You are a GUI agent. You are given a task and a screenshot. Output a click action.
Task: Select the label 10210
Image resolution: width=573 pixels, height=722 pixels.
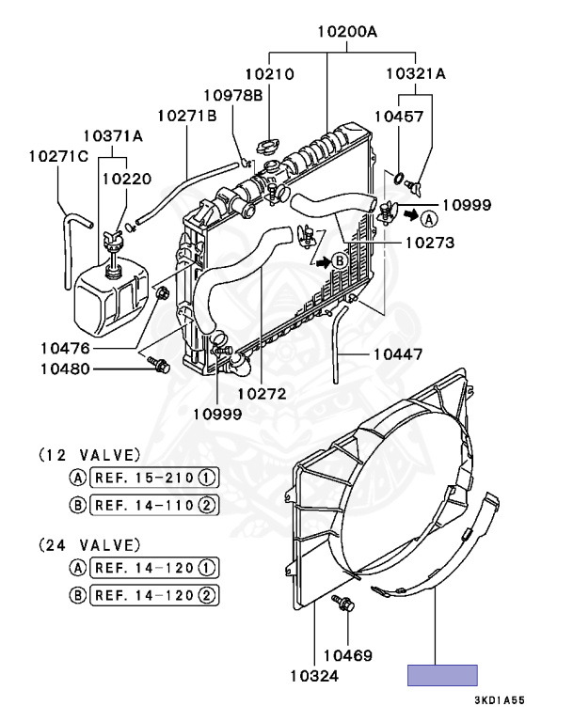click(x=270, y=73)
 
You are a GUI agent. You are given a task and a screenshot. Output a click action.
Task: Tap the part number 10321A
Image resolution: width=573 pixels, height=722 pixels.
click(x=416, y=73)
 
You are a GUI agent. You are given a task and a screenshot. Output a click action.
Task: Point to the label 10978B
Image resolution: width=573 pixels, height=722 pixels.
click(x=232, y=94)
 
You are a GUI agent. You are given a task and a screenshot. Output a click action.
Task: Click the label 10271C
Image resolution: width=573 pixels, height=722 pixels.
click(x=58, y=156)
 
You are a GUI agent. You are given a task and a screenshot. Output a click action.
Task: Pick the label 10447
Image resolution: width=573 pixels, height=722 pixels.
click(x=398, y=354)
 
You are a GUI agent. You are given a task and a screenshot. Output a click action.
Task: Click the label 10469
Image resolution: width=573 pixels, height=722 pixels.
click(x=348, y=655)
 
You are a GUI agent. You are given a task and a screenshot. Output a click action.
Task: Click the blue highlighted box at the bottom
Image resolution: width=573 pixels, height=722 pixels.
click(x=442, y=675)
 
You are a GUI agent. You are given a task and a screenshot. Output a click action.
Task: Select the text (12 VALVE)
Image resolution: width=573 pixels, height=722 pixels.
click(x=90, y=453)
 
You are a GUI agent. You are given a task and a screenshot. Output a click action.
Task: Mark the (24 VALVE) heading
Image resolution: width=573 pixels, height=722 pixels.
click(x=90, y=543)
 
